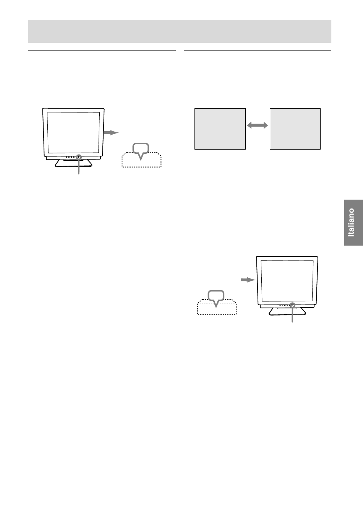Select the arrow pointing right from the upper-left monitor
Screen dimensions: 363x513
tap(111, 132)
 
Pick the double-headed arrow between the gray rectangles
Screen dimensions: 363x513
tap(258, 125)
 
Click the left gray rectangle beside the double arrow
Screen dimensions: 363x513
tap(220, 129)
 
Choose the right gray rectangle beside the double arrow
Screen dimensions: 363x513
tap(295, 129)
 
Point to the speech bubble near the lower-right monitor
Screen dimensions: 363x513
tap(216, 297)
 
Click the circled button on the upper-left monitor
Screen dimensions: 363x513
tap(79, 157)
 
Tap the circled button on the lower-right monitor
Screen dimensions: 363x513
tap(293, 305)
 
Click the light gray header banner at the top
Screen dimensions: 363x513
tap(180, 31)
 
